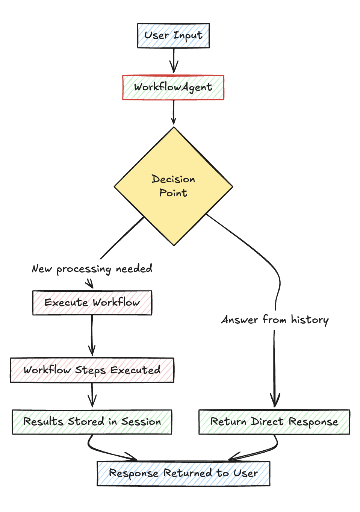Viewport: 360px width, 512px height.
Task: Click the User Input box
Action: tap(173, 36)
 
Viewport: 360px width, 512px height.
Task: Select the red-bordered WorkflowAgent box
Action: tap(173, 87)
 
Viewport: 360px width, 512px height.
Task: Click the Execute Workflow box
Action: tap(92, 303)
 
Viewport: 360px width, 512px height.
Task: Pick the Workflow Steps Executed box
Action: tap(92, 370)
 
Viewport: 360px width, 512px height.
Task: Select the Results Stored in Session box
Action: tap(92, 422)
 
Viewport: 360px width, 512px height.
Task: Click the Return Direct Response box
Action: tap(274, 422)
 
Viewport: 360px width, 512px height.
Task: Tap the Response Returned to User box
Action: tap(183, 473)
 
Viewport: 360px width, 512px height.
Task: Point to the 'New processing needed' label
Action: tap(92, 269)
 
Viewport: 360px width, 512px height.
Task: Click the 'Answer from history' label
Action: tap(275, 320)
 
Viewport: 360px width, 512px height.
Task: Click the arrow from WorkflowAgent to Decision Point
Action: tap(174, 112)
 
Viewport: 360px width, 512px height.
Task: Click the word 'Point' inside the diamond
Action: tap(173, 193)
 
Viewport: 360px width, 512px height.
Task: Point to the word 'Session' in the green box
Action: tap(141, 422)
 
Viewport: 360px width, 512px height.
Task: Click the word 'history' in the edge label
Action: tap(310, 320)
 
